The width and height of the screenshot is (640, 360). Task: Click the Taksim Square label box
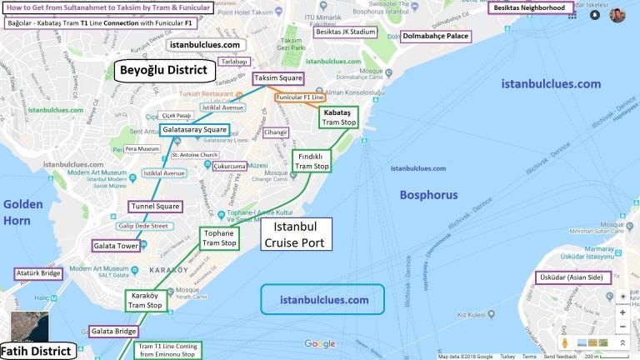(278, 78)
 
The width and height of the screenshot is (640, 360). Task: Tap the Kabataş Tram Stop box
(338, 117)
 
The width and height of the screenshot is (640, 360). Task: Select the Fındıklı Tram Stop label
(312, 161)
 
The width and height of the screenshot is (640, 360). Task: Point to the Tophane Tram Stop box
(219, 238)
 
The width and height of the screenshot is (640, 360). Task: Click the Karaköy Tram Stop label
(145, 301)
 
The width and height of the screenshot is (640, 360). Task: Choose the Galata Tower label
(116, 246)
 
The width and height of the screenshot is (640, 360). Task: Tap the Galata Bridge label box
(113, 331)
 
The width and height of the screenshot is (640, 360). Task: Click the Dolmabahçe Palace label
(436, 37)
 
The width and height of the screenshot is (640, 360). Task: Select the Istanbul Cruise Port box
(296, 234)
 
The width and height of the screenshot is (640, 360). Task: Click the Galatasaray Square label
(193, 130)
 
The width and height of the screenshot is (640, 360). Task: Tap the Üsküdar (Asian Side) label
(572, 277)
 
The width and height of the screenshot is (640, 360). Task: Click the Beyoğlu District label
(163, 70)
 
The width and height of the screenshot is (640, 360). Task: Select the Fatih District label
(37, 351)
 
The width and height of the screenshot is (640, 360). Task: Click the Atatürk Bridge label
(38, 273)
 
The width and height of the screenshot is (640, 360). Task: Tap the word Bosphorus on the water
(428, 195)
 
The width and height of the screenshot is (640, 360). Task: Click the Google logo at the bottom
(319, 344)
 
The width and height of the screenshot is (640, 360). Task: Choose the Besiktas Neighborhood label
(530, 7)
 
